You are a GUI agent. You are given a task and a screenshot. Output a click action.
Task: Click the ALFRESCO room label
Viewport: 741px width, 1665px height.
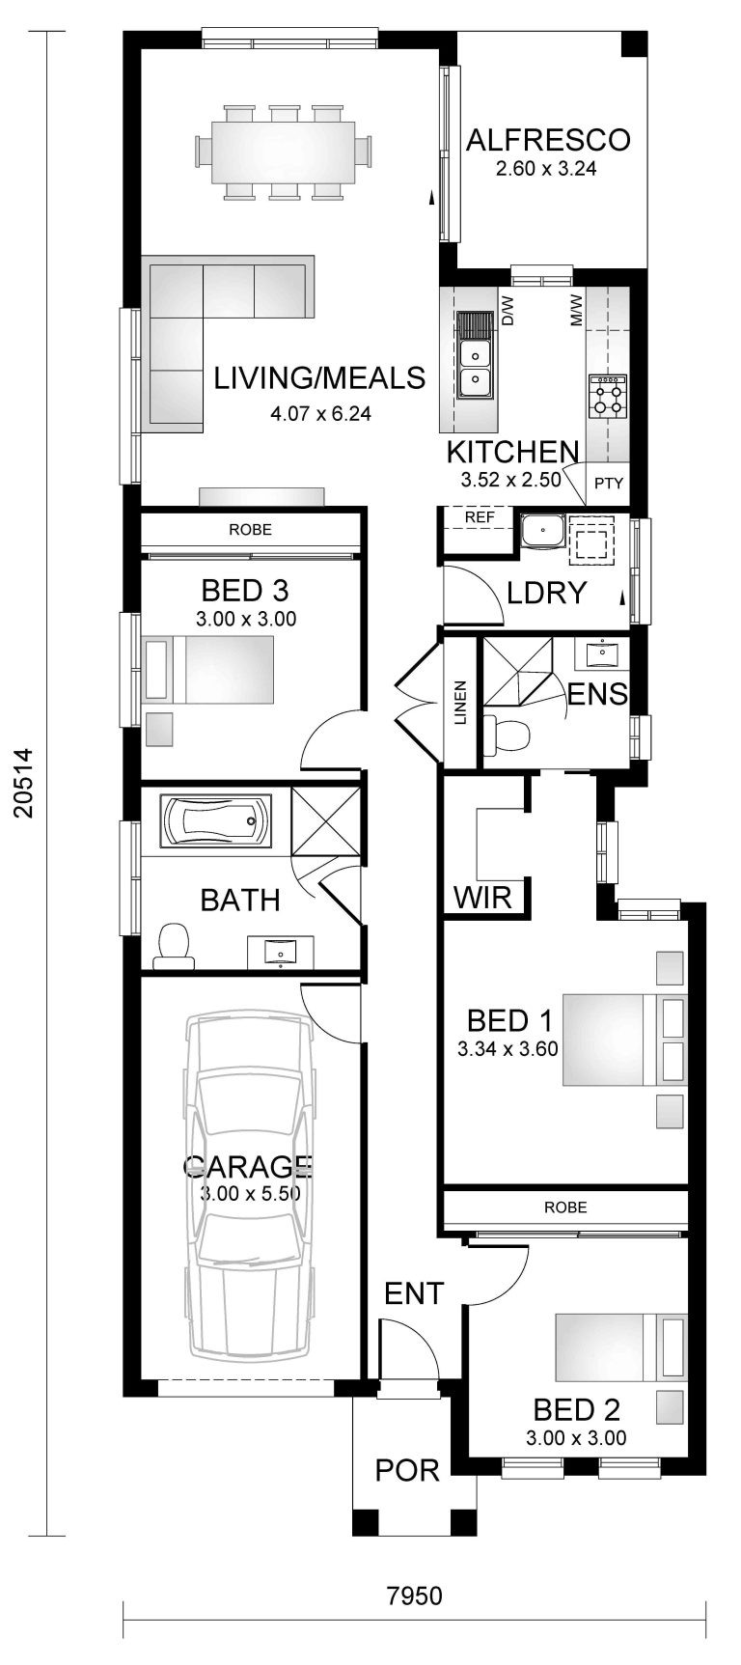(547, 140)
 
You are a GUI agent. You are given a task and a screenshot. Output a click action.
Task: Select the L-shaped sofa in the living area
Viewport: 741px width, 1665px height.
(207, 319)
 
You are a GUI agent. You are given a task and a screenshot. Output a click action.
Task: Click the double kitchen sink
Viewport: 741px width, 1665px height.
(474, 370)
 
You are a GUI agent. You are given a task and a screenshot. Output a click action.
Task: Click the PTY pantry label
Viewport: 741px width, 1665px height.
(608, 484)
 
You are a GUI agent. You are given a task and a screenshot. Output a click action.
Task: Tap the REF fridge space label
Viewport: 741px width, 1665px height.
(479, 517)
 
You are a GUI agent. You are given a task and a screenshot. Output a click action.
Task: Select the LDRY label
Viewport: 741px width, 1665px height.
(547, 592)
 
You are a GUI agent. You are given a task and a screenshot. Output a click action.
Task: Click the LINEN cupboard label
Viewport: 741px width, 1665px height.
(460, 703)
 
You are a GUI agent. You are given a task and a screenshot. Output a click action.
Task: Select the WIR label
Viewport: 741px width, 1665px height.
(482, 899)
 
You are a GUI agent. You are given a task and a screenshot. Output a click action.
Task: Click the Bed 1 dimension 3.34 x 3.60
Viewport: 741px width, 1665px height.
(508, 1049)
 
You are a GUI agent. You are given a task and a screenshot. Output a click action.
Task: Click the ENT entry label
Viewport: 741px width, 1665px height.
(413, 1293)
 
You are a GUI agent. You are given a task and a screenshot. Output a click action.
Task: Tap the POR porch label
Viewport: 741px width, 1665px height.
(407, 1470)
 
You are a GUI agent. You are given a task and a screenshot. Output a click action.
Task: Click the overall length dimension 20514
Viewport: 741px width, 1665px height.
(23, 783)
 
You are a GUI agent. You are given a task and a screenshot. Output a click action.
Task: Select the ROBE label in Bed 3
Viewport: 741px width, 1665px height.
(250, 529)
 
